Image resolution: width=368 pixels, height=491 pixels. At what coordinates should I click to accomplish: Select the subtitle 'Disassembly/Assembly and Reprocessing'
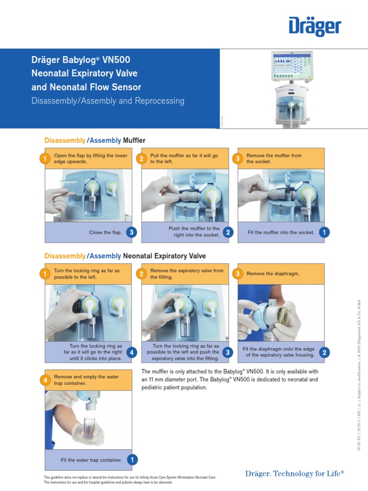tap(108, 101)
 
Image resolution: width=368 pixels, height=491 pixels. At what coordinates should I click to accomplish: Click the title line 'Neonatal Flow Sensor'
tap(86, 87)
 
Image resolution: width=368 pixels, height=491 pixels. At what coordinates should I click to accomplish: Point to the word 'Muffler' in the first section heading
tap(134, 140)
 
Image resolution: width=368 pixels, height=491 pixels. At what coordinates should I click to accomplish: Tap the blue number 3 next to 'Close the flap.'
tap(131, 233)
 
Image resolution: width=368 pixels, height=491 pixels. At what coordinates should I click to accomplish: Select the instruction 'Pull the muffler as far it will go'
tap(184, 156)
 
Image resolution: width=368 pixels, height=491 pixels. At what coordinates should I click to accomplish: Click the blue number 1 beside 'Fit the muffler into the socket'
tap(324, 233)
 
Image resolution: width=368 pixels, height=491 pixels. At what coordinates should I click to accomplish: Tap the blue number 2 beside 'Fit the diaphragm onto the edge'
tap(324, 352)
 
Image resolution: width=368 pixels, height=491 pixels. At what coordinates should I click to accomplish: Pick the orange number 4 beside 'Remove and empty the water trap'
tap(45, 380)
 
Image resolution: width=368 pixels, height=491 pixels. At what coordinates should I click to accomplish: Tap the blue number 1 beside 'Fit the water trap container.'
tap(131, 460)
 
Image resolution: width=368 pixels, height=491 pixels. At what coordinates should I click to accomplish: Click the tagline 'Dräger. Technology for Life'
tap(294, 474)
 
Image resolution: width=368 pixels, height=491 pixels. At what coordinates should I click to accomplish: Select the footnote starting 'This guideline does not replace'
tap(129, 478)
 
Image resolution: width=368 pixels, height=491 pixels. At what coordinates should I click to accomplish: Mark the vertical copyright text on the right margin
tap(359, 374)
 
